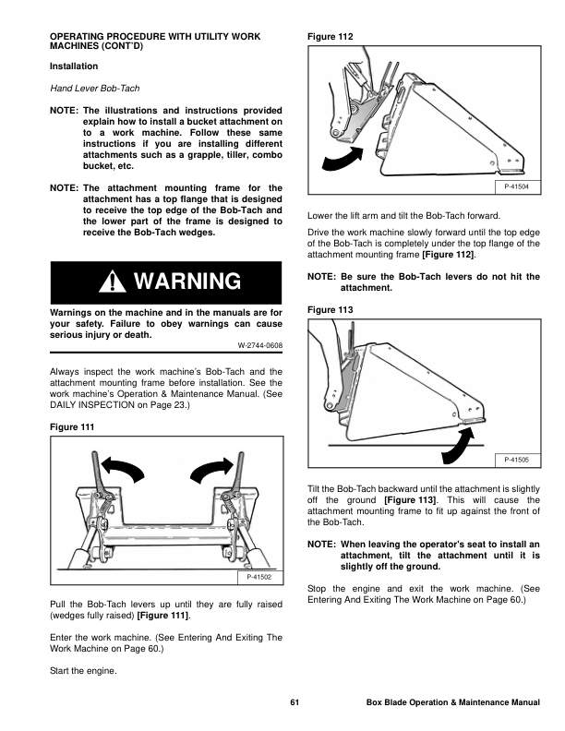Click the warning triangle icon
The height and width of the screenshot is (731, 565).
[x=112, y=282]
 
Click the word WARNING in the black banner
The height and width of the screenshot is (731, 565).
[x=187, y=282]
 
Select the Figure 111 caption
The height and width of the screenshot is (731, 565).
[x=72, y=427]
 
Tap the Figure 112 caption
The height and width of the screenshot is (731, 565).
[x=331, y=37]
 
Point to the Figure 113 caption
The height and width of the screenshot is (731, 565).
[x=331, y=310]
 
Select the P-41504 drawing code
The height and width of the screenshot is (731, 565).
[x=516, y=187]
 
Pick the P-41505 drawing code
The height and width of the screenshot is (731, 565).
[x=516, y=460]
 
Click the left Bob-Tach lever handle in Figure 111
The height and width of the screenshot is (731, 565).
[x=97, y=471]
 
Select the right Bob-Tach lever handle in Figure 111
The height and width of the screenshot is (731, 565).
[x=239, y=471]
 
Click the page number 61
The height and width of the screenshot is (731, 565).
[x=295, y=702]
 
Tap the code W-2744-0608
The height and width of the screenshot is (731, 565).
[x=260, y=345]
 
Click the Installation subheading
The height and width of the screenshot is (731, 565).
[x=74, y=66]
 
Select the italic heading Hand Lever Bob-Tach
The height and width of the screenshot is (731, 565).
[x=95, y=88]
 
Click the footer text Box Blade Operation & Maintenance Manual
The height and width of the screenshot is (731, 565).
[x=453, y=702]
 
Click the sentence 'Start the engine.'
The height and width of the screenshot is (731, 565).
[x=83, y=671]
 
